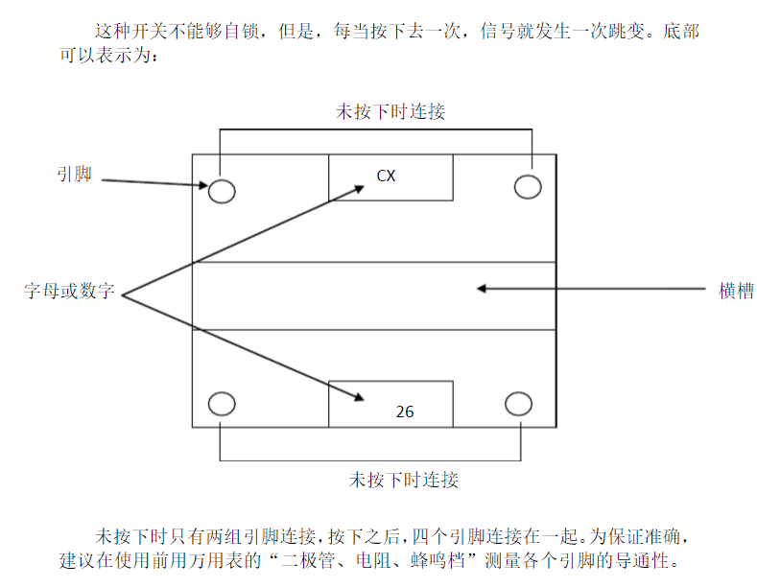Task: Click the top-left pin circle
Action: point(222,190)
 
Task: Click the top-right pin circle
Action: point(528,186)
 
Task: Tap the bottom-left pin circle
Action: point(222,404)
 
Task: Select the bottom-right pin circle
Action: point(518,404)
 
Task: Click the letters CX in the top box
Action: point(386,176)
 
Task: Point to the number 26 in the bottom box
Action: point(405,412)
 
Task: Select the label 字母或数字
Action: point(69,292)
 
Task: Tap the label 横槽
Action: point(736,291)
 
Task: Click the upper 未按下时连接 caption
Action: point(390,111)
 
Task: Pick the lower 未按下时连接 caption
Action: point(403,479)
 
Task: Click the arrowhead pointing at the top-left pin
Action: point(201,185)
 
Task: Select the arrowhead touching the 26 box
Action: point(357,397)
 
